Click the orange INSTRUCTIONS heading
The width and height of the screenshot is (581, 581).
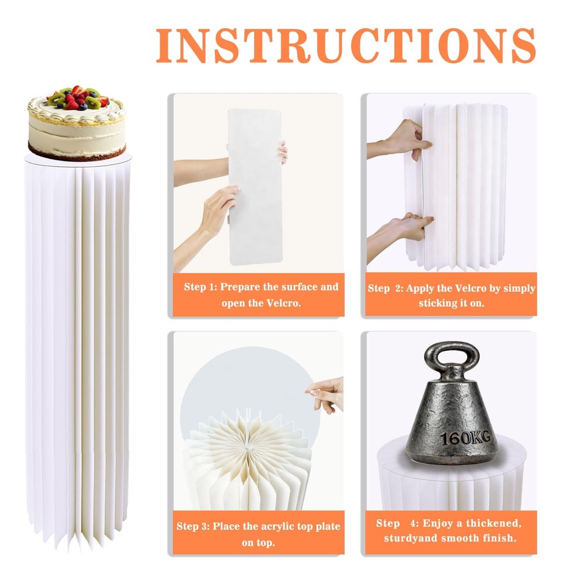(346, 45)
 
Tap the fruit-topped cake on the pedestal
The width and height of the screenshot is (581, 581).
(77, 123)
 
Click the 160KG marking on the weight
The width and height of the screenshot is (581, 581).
(465, 437)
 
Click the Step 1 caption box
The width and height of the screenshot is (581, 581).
(259, 295)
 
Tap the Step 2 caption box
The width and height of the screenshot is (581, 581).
(451, 295)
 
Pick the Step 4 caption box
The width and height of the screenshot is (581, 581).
(451, 532)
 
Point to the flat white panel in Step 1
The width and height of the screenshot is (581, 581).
(255, 187)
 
